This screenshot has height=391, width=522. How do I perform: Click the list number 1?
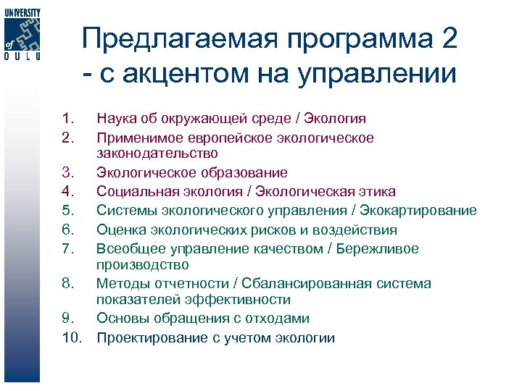pyautogui.click(x=69, y=118)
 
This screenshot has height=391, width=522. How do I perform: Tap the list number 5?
pyautogui.click(x=69, y=211)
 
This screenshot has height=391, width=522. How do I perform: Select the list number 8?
pyautogui.click(x=69, y=284)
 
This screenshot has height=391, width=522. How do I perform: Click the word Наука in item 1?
pyautogui.click(x=115, y=118)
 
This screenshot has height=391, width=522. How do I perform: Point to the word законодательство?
pyautogui.click(x=157, y=154)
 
